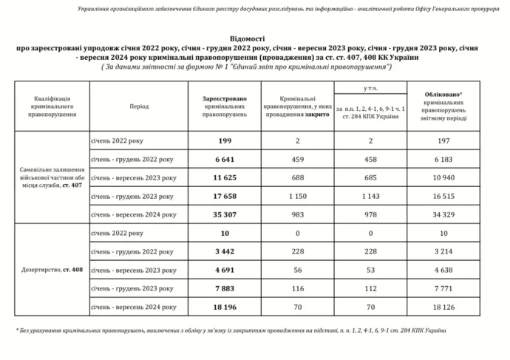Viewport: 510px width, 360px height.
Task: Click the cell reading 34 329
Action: click(x=444, y=214)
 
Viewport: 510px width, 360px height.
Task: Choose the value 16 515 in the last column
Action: click(x=444, y=196)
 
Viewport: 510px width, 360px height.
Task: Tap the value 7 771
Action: click(x=444, y=288)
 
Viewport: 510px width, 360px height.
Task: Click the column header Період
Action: click(x=138, y=106)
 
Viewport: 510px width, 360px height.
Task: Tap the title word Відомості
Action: click(x=255, y=37)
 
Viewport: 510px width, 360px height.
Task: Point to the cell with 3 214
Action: click(x=444, y=251)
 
